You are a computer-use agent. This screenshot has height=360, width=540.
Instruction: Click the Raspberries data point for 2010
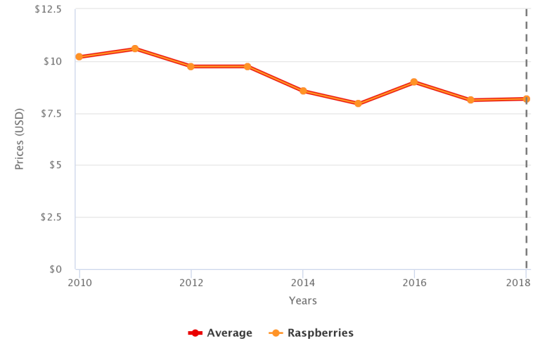coord(79,57)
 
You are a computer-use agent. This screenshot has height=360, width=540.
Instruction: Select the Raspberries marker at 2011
coord(135,49)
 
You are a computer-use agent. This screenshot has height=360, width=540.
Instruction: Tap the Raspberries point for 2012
coord(191,66)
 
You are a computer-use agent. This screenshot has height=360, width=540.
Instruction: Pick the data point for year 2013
coord(247,66)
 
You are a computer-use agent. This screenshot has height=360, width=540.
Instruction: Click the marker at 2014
coord(303,91)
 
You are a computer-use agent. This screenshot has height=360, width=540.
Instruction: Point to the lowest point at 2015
coord(358,103)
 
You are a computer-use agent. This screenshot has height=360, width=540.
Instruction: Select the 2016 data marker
coord(414,82)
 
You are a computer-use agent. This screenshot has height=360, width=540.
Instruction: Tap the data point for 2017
coord(470,100)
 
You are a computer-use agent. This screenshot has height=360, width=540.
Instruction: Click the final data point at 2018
coord(526,99)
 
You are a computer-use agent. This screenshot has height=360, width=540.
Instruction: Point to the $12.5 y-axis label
coord(48,9)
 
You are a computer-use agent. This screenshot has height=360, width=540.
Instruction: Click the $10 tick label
coord(53,61)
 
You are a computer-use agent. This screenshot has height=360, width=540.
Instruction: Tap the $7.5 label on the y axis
coord(50,113)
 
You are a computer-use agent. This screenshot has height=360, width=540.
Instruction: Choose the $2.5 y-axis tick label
coord(50,217)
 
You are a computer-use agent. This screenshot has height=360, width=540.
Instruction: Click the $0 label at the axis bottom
coord(56,269)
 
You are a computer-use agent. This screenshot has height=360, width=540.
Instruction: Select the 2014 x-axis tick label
coord(302,283)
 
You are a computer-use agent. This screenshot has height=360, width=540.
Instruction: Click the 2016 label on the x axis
coord(414,283)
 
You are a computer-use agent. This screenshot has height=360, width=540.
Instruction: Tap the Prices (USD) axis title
coord(20,139)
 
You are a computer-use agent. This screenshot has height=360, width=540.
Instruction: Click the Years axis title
coord(302,301)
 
